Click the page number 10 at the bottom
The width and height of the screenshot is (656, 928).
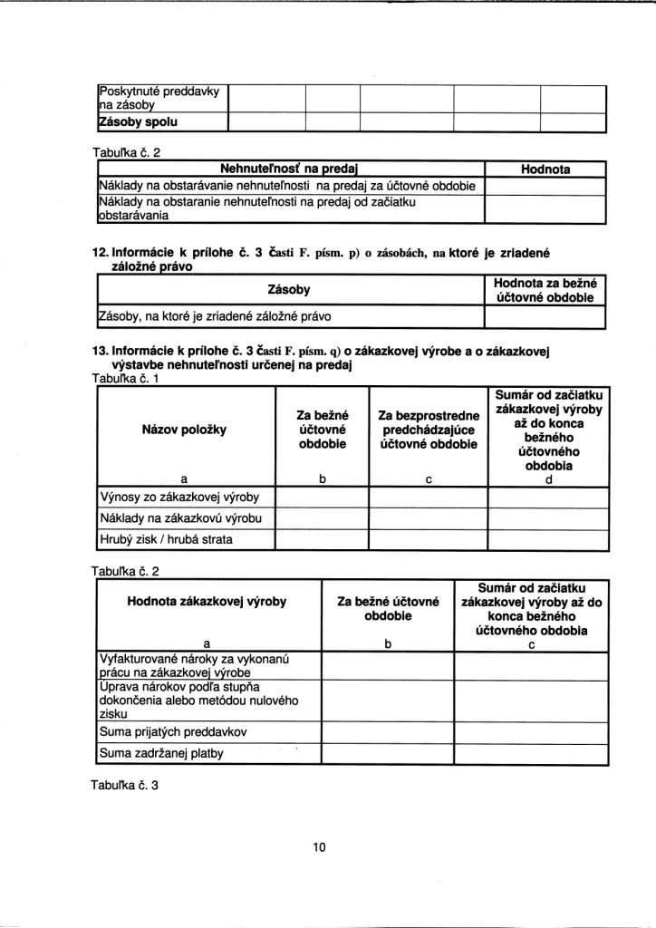(x=319, y=847)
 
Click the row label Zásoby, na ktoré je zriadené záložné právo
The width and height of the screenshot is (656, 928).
(x=214, y=317)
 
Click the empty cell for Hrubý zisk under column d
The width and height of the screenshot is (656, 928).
(x=549, y=541)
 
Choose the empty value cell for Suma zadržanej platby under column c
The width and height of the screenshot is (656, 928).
(x=531, y=753)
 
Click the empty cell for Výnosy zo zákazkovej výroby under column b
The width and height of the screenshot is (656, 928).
(x=322, y=498)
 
